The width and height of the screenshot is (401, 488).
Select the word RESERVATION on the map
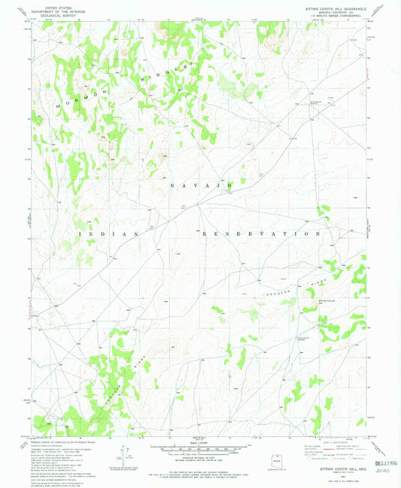point(256,234)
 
